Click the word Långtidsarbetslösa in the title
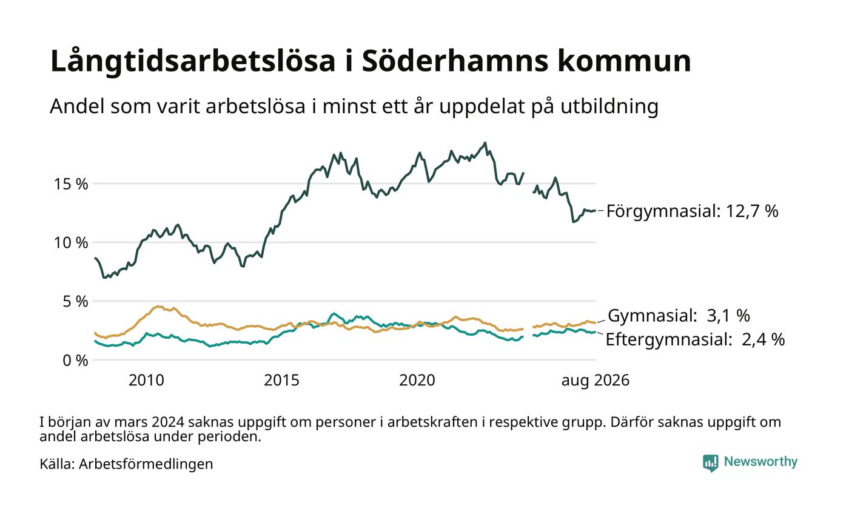193,61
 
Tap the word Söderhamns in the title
455,61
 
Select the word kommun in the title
624,61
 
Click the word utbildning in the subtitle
609,107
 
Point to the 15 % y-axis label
71,184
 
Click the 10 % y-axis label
71,243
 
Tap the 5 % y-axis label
75,302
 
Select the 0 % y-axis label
75,361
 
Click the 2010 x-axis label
146,381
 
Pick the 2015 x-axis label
281,381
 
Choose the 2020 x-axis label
417,381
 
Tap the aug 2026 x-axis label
596,381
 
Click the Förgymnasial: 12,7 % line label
692,211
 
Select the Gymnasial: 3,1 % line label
679,316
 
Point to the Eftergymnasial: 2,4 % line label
695,339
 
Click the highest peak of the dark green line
485,143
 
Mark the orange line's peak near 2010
159,307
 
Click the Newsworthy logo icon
710,463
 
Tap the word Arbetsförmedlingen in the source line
146,464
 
